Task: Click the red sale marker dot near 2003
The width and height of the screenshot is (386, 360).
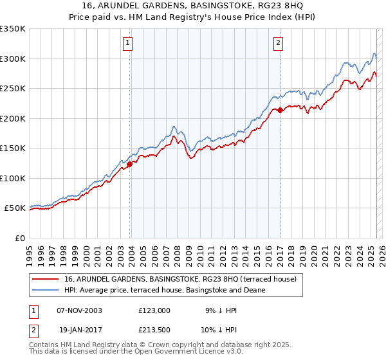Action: pyautogui.click(x=130, y=163)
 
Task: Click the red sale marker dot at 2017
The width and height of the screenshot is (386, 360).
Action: pyautogui.click(x=280, y=110)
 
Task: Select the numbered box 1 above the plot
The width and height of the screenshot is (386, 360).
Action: pyautogui.click(x=128, y=44)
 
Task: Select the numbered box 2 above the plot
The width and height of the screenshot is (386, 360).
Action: pyautogui.click(x=278, y=44)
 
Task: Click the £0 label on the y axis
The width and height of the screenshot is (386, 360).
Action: pyautogui.click(x=20, y=238)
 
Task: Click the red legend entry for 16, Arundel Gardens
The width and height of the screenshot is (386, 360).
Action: pyautogui.click(x=180, y=279)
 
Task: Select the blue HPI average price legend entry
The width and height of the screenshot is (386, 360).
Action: pyautogui.click(x=165, y=291)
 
